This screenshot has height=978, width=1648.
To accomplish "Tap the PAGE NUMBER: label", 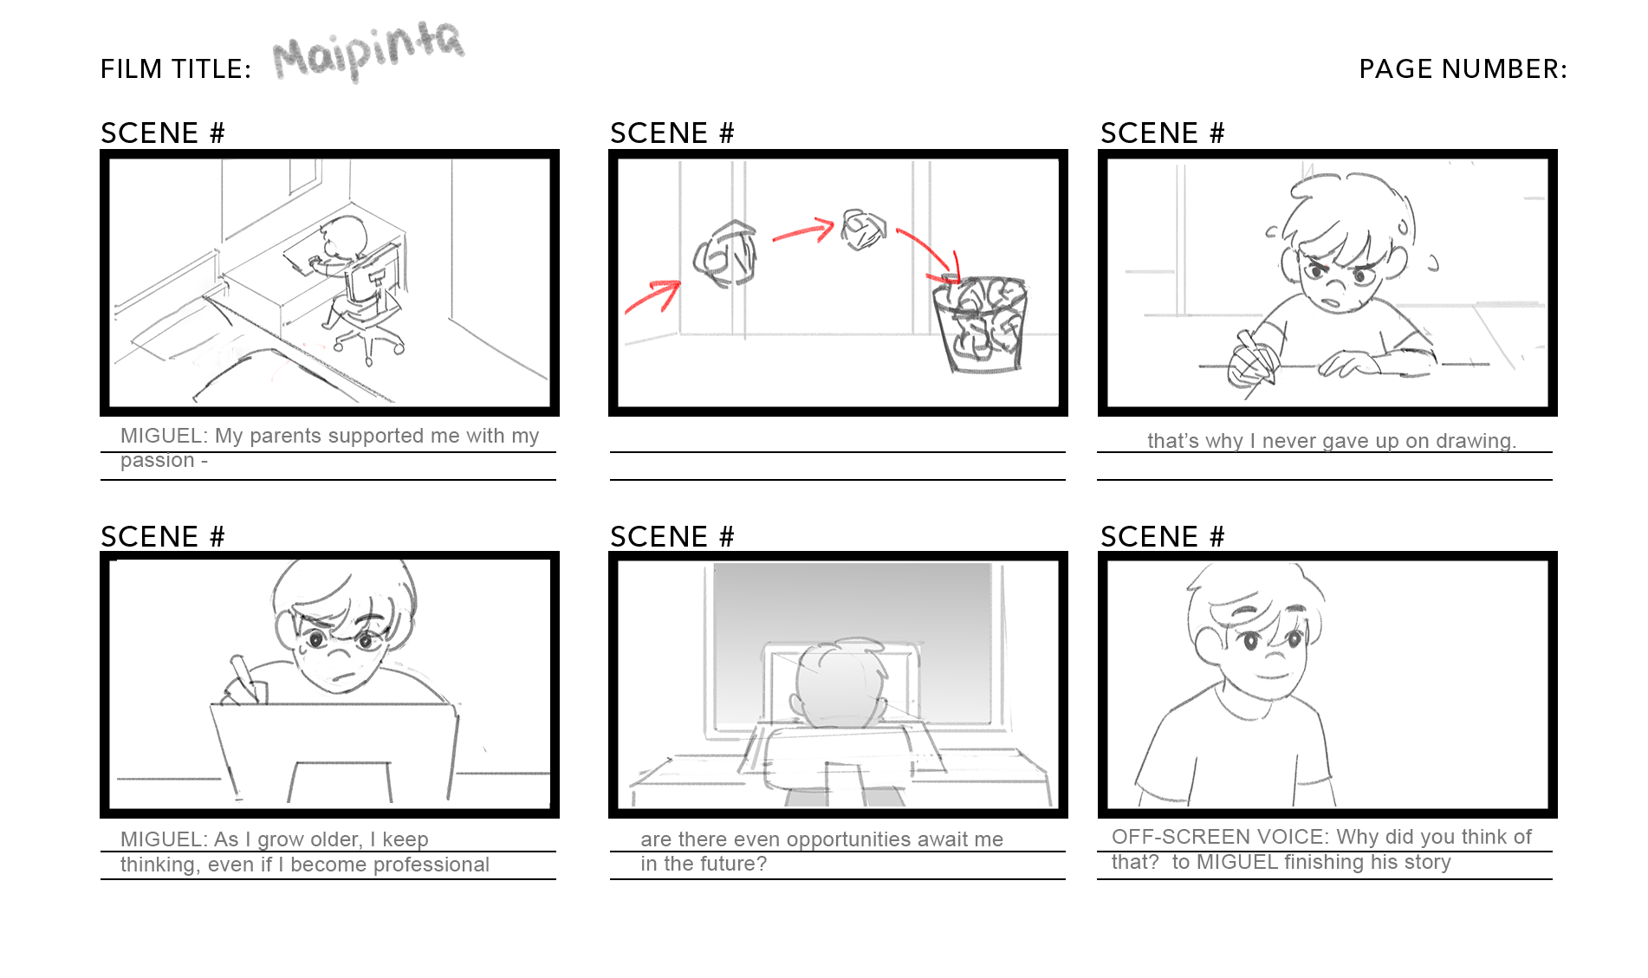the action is pyautogui.click(x=1463, y=68).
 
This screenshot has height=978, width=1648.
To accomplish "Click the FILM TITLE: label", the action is pyautogui.click(x=176, y=68).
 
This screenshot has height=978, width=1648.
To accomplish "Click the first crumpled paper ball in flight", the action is pyautogui.click(x=726, y=254).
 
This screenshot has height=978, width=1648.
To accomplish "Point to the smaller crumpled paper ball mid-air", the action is pyautogui.click(x=864, y=230).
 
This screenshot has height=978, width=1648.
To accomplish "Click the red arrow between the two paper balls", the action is pyautogui.click(x=802, y=232).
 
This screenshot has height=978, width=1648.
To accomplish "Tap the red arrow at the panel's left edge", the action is pyautogui.click(x=652, y=295).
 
